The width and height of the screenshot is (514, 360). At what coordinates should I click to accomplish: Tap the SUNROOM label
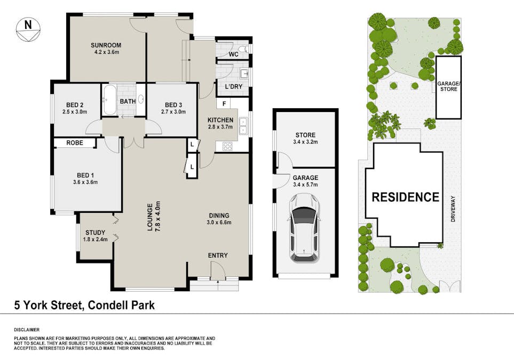[105, 45]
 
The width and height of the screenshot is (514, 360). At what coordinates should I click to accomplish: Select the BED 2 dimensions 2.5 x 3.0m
[74, 112]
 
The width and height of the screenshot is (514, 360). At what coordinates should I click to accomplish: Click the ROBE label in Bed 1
[74, 143]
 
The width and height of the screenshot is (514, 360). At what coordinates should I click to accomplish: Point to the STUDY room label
[95, 233]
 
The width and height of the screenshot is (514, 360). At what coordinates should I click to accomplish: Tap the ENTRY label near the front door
[218, 255]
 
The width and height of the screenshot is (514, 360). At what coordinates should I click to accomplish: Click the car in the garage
[305, 227]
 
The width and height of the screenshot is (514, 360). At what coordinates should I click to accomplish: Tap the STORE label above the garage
[305, 135]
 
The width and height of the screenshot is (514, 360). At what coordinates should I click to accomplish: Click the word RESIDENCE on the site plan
[405, 197]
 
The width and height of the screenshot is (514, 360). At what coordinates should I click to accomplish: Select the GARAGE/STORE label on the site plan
[448, 86]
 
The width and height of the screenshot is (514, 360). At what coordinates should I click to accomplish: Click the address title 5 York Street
[84, 306]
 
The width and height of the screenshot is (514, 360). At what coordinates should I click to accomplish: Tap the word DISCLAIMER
[26, 330]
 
